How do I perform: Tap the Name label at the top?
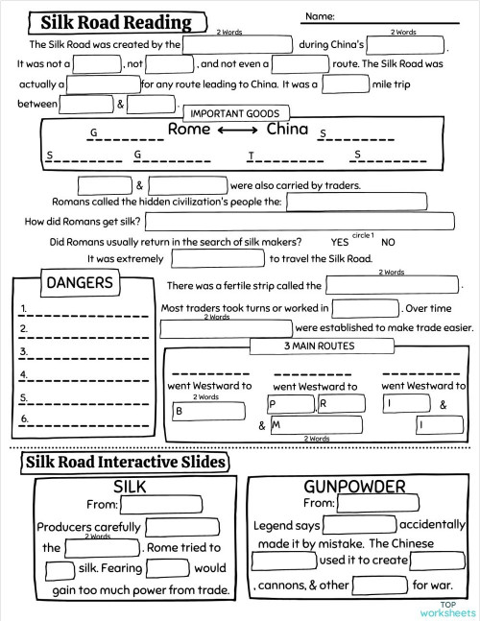click(320, 16)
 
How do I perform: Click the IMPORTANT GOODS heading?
click(235, 113)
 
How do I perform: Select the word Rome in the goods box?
click(189, 129)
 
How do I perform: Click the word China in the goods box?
click(287, 129)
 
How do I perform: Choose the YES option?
click(339, 242)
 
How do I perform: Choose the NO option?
click(388, 242)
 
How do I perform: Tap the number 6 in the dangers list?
click(23, 418)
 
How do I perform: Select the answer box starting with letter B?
click(209, 410)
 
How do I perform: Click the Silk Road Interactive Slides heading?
click(124, 462)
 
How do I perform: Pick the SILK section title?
click(130, 486)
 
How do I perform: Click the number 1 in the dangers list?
click(23, 307)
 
